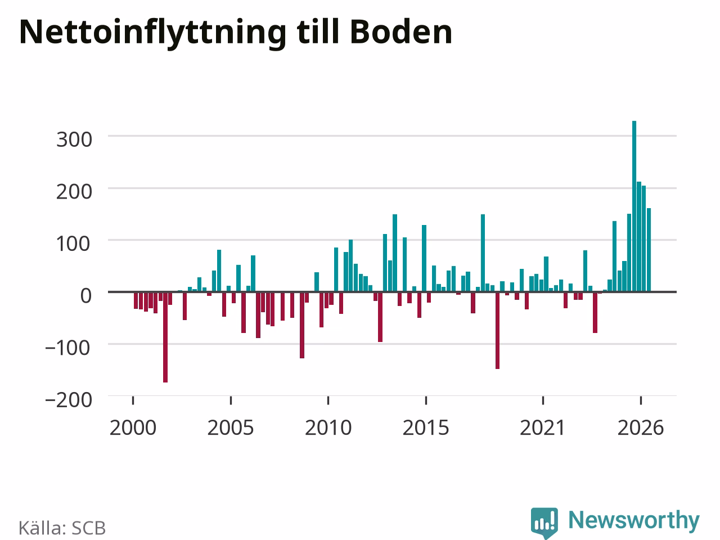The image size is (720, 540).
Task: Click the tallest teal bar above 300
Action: [634, 206]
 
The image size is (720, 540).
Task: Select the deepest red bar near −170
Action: [165, 337]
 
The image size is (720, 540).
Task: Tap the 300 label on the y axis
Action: [74, 139]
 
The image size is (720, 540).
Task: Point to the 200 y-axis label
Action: [74, 192]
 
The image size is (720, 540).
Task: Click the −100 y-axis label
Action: [67, 348]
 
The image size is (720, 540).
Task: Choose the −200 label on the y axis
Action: [69, 400]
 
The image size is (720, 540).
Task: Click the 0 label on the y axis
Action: [86, 296]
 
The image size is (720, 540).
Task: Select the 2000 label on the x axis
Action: [133, 427]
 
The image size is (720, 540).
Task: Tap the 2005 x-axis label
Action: [231, 427]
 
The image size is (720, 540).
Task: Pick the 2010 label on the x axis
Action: [328, 427]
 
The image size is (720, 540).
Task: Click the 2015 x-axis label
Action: [426, 427]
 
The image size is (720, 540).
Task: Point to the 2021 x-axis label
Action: [543, 427]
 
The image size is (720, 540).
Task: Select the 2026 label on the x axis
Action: [641, 427]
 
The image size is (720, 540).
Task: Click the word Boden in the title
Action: [401, 32]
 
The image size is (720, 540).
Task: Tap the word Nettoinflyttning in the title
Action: [153, 34]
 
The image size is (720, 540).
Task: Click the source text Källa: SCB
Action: [62, 528]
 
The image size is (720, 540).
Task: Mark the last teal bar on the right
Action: [649, 250]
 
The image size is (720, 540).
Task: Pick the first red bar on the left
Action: [136, 300]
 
